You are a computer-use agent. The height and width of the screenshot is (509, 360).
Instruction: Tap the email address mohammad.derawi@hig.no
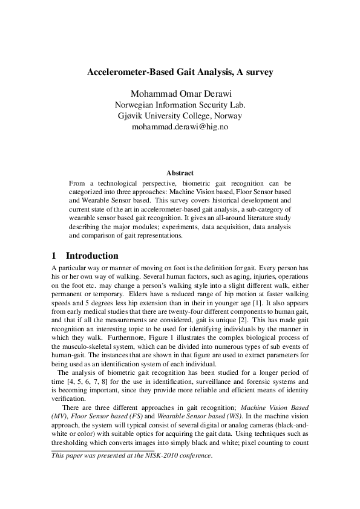coord(180,127)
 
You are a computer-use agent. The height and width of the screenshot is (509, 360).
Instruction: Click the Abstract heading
coord(180,173)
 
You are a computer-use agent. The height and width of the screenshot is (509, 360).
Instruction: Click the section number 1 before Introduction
coord(54,256)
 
